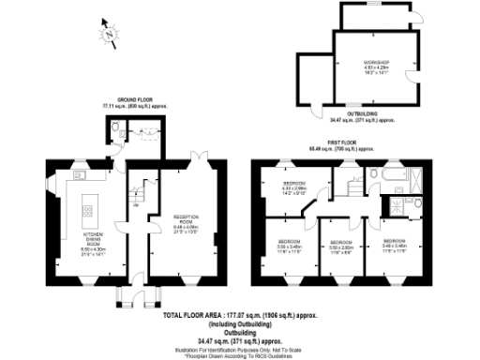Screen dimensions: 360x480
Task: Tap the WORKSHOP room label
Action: click(377, 66)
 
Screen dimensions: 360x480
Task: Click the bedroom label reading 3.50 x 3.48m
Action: click(288, 246)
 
